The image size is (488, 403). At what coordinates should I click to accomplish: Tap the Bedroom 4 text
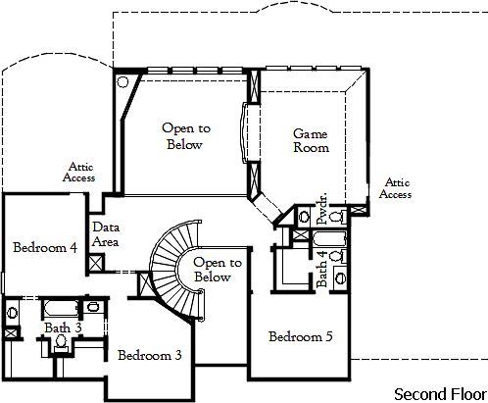coord(45,248)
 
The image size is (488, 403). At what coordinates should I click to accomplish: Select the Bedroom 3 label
coord(150,355)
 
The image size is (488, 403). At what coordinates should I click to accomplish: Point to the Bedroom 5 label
coord(301,337)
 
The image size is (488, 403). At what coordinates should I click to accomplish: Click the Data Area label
coord(106,233)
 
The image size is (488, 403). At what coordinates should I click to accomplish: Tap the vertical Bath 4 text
coord(322,268)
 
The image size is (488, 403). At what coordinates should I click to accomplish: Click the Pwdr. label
coord(322,214)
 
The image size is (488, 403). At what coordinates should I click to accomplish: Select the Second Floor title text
coord(438,393)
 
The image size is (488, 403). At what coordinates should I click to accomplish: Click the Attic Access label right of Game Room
coord(397,188)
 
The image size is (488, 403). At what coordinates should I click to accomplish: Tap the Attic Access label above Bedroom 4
coord(78,173)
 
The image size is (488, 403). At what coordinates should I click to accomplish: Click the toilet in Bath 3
coord(60,341)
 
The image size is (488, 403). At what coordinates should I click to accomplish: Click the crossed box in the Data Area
coord(96,263)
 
